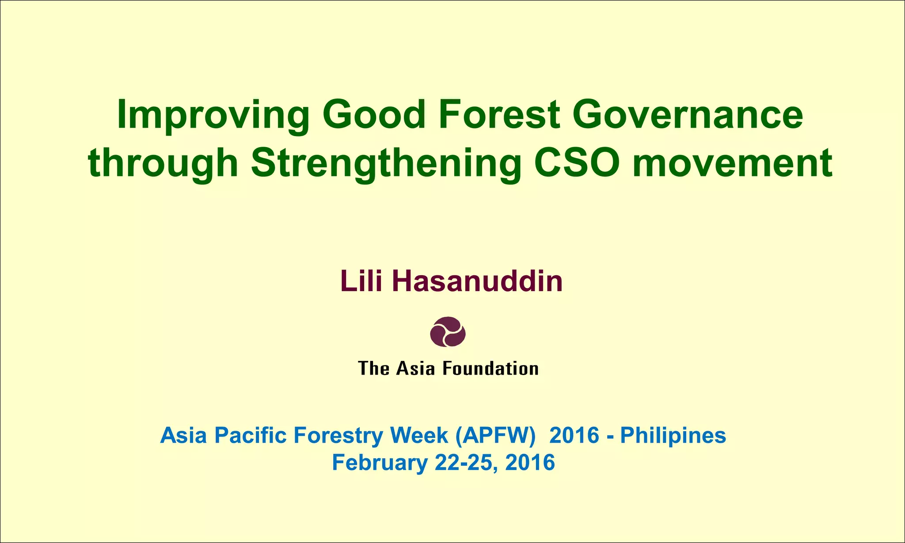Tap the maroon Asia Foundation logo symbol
(x=448, y=331)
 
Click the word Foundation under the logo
(x=491, y=368)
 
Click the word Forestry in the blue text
(x=338, y=435)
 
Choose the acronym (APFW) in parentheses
(x=495, y=435)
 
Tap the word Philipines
(x=673, y=435)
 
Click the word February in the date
(x=380, y=463)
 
